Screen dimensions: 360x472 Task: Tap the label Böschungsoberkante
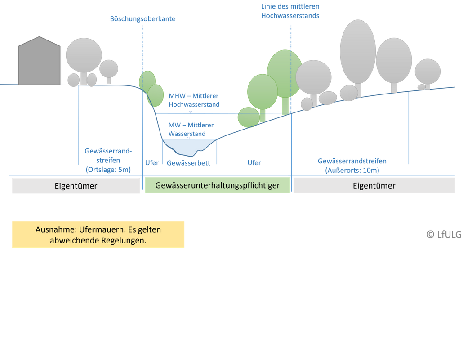142,19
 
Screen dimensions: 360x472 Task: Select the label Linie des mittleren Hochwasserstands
290,11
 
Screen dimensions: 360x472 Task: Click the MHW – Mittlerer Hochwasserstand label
194,100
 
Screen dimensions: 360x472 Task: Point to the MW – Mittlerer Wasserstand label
191,129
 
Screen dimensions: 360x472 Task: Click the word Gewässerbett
188,163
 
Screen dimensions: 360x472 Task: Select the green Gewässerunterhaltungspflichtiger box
217,185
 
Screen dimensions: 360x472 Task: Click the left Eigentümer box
76,186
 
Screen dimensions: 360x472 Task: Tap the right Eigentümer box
374,185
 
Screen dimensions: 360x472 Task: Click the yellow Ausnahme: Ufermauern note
98,234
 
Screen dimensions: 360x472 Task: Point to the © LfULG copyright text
444,234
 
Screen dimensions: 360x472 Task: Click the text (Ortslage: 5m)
108,170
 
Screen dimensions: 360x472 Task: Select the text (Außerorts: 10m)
352,170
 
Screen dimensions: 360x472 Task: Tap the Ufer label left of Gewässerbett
152,163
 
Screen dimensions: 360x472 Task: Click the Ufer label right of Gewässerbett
254,163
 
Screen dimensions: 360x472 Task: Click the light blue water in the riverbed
184,145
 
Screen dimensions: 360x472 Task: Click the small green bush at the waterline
248,117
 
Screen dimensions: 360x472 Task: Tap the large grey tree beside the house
84,55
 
